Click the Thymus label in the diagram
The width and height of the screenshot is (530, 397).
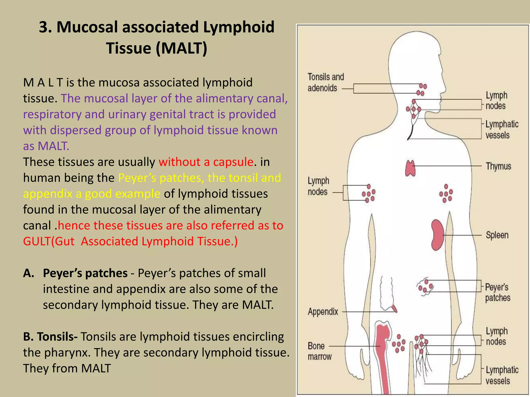pos(498,166)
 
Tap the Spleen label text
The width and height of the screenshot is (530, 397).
pos(497,235)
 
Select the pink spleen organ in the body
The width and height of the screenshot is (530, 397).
pos(437,235)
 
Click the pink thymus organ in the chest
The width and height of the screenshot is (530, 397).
pos(410,168)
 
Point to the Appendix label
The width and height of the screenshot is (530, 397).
pos(323,312)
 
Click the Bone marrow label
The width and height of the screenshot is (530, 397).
pos(319,351)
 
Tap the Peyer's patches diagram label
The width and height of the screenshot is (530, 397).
pos(497,293)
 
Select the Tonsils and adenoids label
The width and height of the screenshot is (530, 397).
pos(325,82)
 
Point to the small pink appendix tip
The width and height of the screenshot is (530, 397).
pos(394,308)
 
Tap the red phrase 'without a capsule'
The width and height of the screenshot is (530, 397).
pos(206,162)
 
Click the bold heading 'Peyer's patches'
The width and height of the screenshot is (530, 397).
pos(85,273)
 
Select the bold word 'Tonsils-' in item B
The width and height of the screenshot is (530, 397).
pos(57,337)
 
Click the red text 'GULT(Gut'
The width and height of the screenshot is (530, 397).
pos(49,241)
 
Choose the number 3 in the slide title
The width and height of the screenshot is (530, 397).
pos(44,27)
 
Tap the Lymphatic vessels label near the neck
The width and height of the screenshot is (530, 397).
pos(502,129)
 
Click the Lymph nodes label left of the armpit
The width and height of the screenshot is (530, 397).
pos(318,186)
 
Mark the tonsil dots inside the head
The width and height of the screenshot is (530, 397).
pos(422,89)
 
